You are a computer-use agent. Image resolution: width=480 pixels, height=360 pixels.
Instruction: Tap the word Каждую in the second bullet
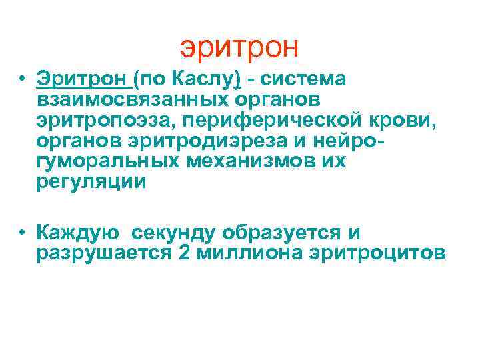point(78,233)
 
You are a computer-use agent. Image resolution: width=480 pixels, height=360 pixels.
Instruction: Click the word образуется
point(282,233)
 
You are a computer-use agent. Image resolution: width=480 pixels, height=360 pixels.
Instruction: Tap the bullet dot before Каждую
point(23,233)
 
